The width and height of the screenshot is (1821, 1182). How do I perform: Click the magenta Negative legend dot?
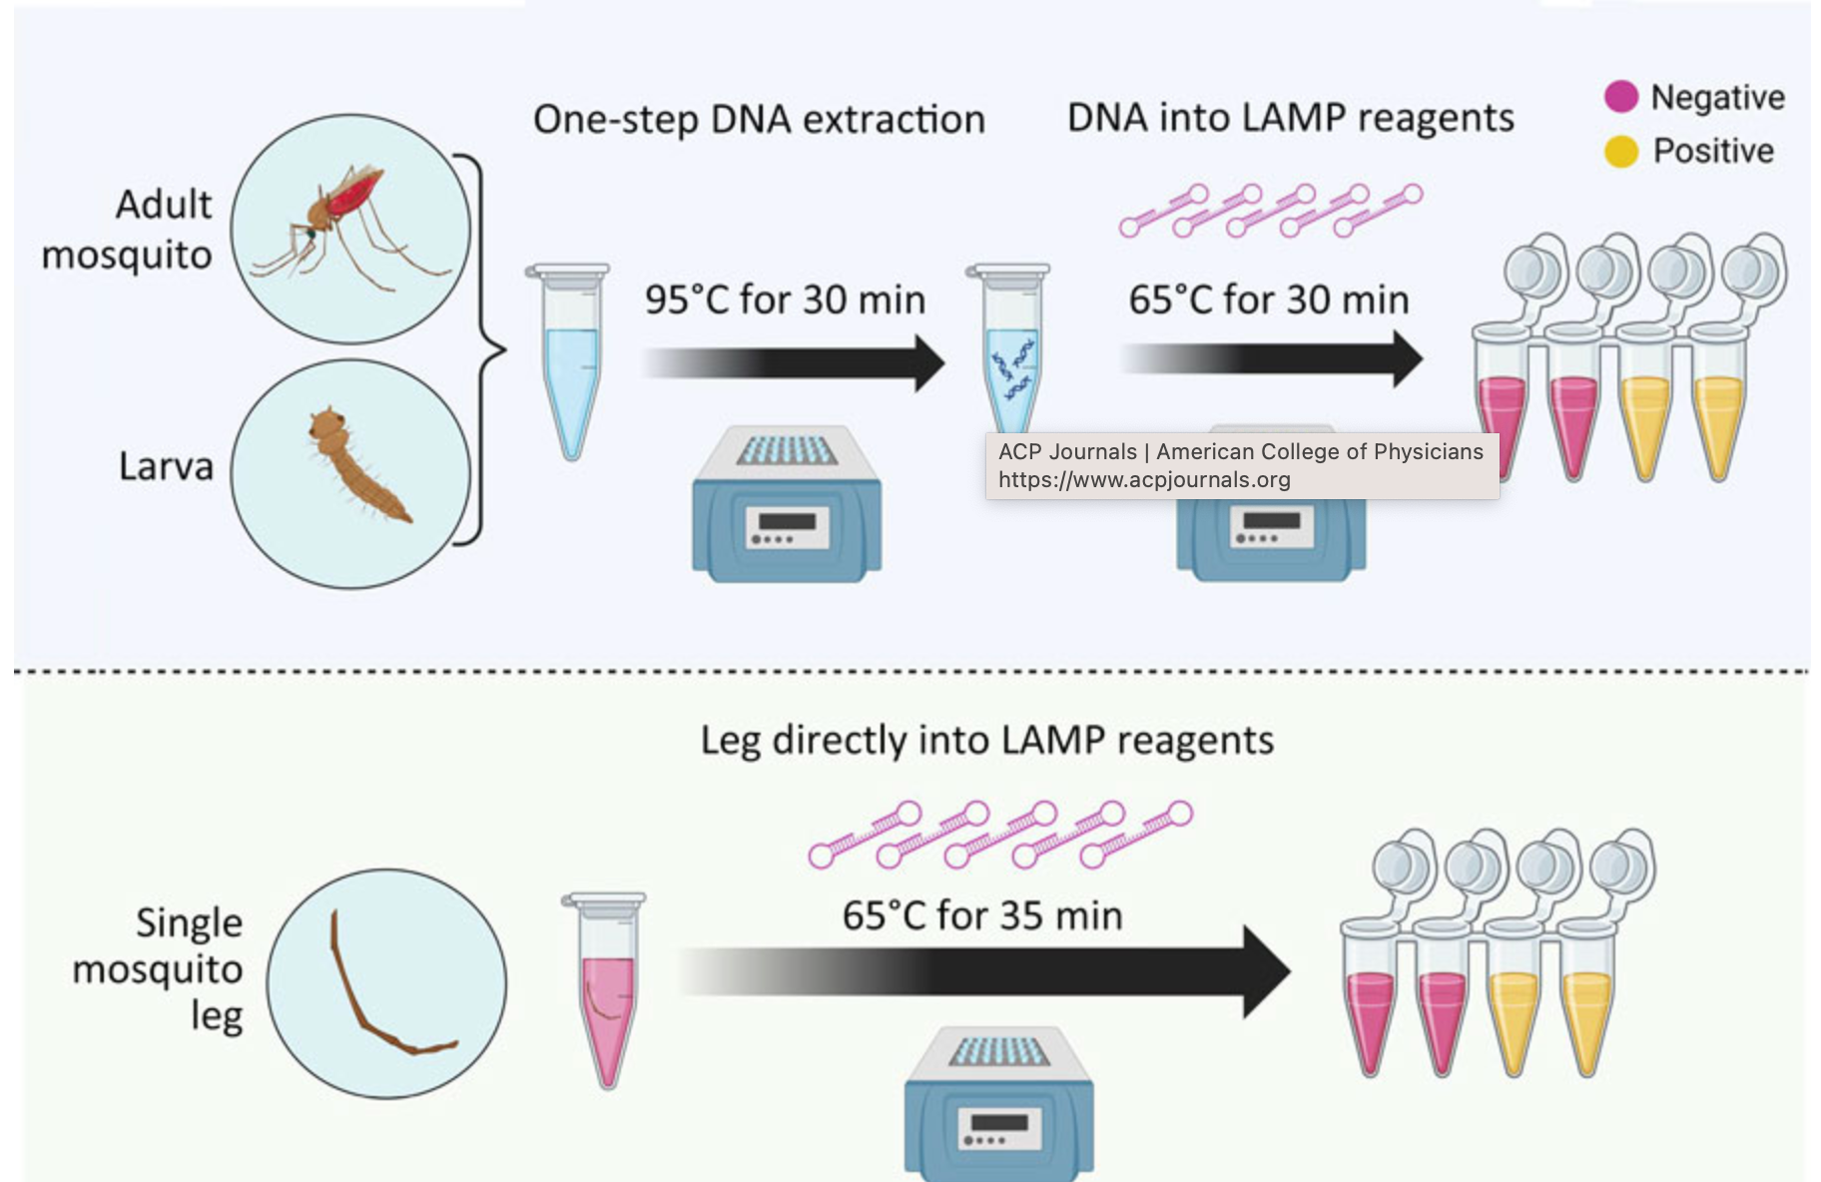1620,97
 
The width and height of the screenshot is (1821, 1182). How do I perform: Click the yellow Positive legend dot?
1620,152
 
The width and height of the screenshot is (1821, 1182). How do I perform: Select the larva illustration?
356,465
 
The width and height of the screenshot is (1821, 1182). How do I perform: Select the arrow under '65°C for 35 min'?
983,971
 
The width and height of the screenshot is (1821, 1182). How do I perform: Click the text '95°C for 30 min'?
785,299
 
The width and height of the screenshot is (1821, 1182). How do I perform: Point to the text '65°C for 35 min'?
982,915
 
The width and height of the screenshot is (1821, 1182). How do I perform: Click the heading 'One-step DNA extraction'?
759,120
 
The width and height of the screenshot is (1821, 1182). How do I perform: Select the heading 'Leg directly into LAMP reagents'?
987,741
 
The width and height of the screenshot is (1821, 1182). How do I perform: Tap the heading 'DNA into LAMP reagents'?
1291,118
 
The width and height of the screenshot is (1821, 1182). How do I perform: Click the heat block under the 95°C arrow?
787,504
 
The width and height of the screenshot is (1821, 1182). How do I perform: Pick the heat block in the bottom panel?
999,1103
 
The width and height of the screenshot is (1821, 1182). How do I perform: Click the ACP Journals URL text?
1144,480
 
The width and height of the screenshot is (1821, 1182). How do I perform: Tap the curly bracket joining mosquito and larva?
484,350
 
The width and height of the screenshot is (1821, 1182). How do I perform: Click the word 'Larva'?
166,466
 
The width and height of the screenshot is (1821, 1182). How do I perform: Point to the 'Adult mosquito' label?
128,230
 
